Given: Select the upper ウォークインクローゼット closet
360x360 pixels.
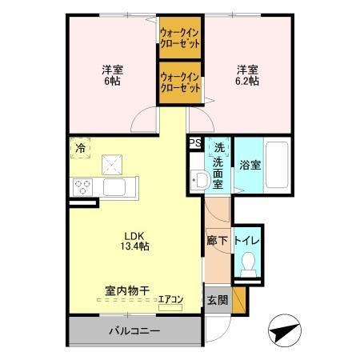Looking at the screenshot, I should coord(179,38).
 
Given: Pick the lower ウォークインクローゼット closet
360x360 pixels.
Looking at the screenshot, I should coord(179,82).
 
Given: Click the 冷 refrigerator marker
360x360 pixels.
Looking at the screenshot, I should coord(80,147).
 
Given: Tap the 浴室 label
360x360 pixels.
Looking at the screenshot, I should coord(250,166).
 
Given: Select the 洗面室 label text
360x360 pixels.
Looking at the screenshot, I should coord(218,166).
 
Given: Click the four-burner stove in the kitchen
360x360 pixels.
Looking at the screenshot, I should coord(83,188).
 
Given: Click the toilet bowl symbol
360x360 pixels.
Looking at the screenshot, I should coord(249,262).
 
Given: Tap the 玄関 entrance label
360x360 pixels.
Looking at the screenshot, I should coord(217,301).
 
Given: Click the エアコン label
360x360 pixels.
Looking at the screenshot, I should coord(170,301).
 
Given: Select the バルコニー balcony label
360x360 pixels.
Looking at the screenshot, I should coord(134,331).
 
